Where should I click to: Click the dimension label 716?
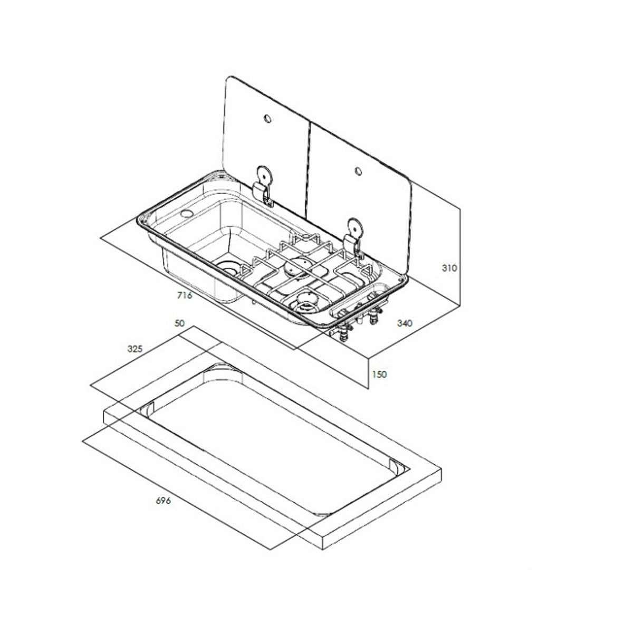point(185,295)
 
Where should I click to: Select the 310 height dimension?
point(449,268)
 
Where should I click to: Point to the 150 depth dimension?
point(379,374)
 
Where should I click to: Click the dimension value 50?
point(179,323)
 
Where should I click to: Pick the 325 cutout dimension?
point(136,349)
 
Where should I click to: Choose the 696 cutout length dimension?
point(164,501)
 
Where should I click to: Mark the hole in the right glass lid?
point(359,170)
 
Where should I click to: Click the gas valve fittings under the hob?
point(359,324)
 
